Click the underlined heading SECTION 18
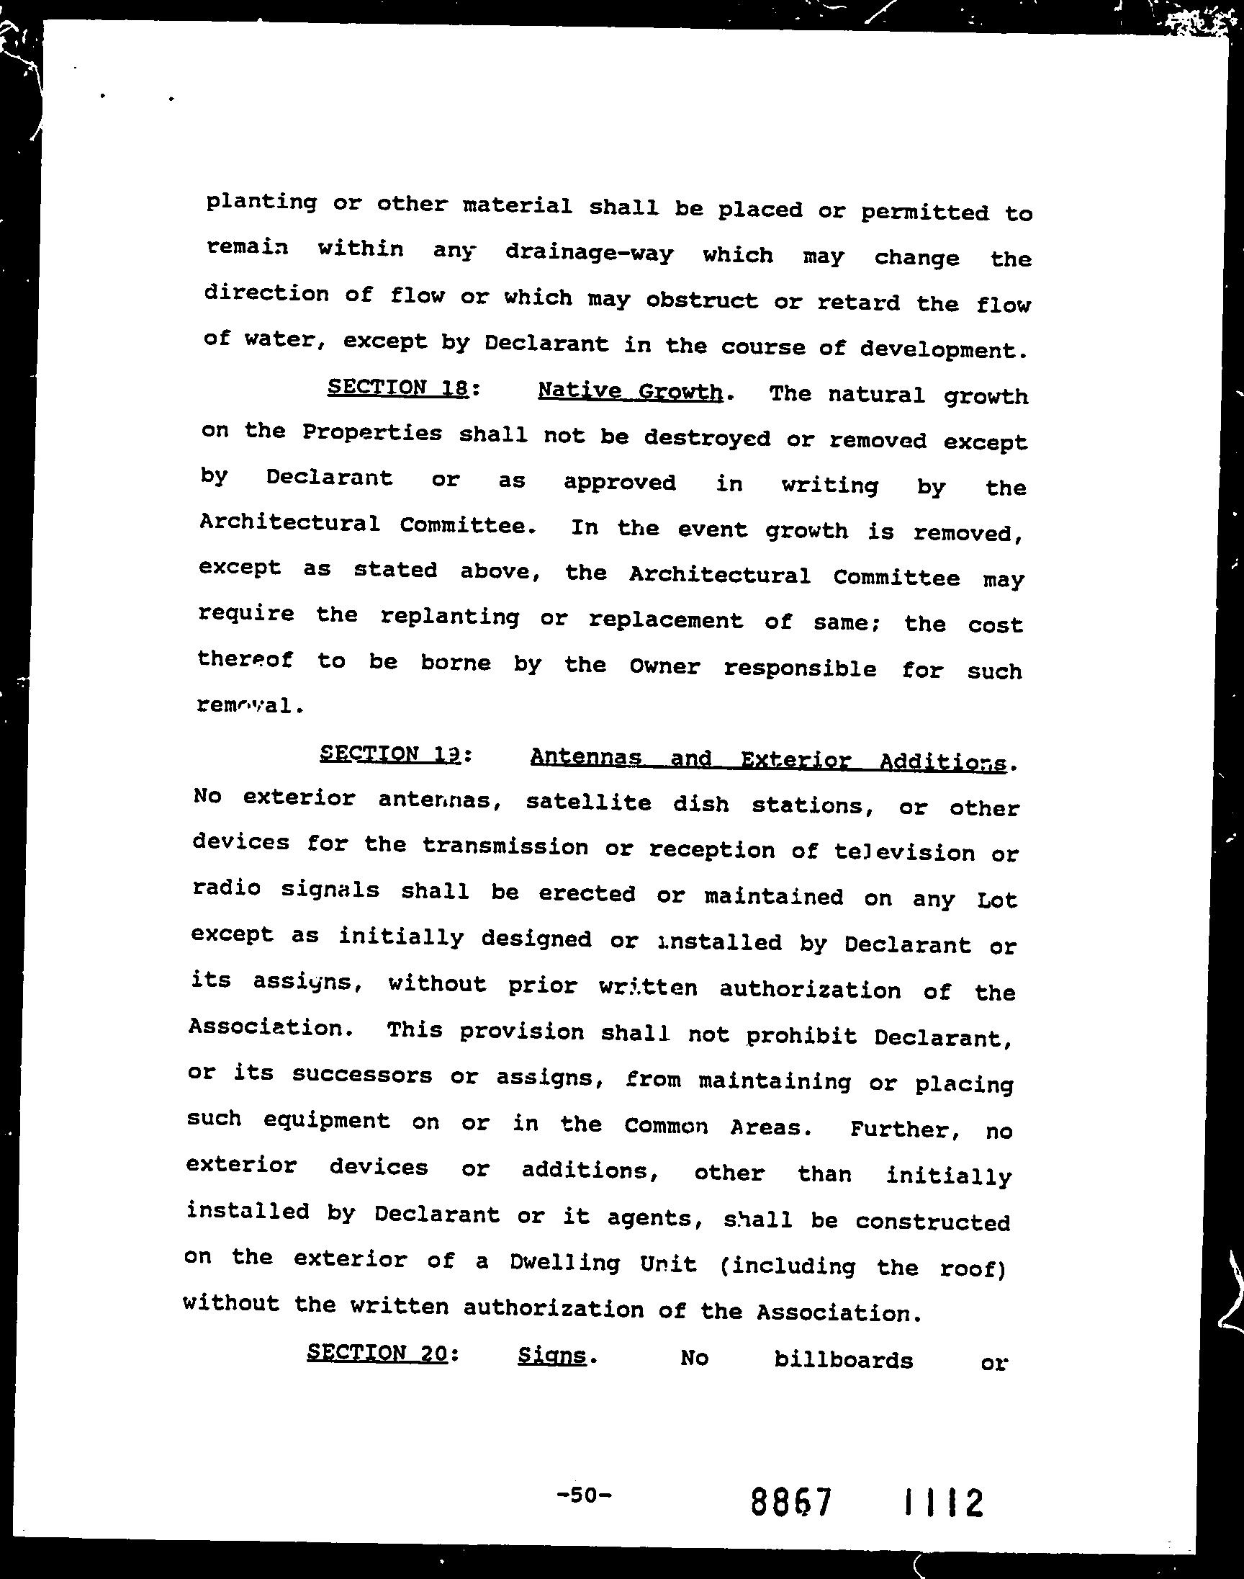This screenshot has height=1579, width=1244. click(x=397, y=387)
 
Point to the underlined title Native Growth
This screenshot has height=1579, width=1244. click(x=630, y=391)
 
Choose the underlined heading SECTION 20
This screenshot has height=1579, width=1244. click(x=377, y=1353)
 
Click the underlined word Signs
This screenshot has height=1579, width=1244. click(x=552, y=1355)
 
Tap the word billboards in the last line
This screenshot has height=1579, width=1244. click(x=843, y=1360)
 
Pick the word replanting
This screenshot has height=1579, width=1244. click(x=449, y=617)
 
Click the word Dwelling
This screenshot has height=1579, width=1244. click(x=564, y=1262)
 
